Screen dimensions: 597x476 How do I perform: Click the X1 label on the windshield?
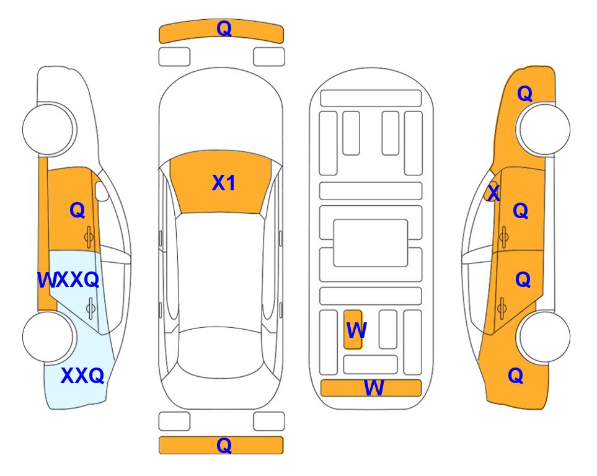[x=224, y=183]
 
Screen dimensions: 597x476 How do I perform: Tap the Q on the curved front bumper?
[x=224, y=29]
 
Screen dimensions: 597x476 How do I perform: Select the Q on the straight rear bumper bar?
[x=224, y=445]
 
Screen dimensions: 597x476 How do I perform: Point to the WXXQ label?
[x=69, y=280]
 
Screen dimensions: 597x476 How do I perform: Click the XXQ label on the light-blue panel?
[x=82, y=376]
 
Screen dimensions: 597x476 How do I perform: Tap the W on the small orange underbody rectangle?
[x=356, y=330]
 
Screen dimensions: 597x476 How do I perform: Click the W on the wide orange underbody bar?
[x=374, y=388]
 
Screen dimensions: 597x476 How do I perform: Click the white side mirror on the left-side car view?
[x=102, y=191]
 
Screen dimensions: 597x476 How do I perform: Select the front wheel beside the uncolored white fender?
[x=48, y=129]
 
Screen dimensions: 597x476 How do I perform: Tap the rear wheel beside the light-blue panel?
[x=48, y=337]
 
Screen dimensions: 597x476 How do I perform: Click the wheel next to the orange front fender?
[x=544, y=129]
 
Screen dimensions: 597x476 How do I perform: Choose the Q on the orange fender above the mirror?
[x=524, y=94]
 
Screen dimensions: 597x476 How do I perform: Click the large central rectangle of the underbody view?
[x=371, y=243]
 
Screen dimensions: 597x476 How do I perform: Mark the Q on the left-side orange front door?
[x=77, y=210]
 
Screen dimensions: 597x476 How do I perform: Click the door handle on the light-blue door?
[x=91, y=308]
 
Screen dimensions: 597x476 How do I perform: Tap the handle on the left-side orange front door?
[x=89, y=237]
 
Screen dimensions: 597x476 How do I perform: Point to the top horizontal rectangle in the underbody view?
[x=371, y=99]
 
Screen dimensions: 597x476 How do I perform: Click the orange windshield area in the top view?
[x=221, y=182]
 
